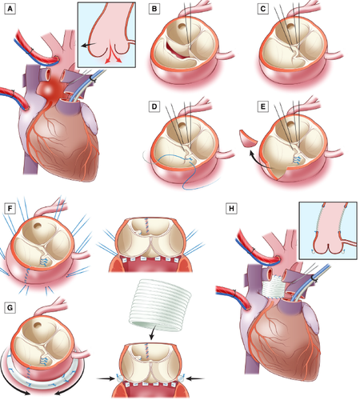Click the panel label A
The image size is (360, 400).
(x=10, y=9)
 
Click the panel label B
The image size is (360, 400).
(x=154, y=9)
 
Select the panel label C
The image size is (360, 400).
(x=263, y=9)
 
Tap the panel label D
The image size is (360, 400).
(x=154, y=106)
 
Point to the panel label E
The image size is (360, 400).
(x=263, y=106)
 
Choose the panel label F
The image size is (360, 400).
(x=10, y=208)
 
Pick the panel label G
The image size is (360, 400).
(x=10, y=308)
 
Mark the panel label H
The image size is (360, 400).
(x=231, y=208)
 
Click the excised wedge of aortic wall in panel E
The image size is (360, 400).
(x=247, y=138)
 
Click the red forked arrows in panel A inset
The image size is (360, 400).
(x=114, y=55)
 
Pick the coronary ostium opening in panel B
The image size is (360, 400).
(x=182, y=26)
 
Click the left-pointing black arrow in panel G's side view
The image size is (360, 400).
(x=195, y=378)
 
